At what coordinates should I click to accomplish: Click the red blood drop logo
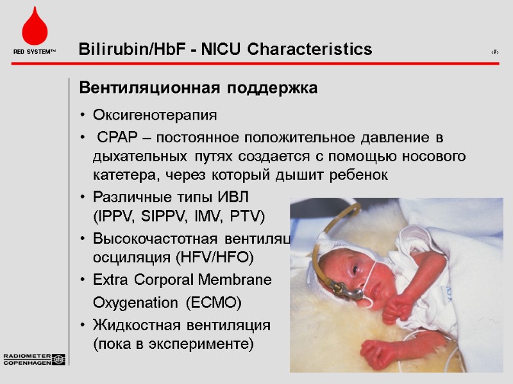click(34, 29)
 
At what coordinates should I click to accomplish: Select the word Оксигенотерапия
click(155, 115)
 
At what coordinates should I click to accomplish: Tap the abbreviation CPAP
click(116, 138)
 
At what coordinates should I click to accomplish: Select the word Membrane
click(244, 280)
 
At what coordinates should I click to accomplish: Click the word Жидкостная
click(133, 324)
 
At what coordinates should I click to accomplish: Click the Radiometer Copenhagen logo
click(34, 359)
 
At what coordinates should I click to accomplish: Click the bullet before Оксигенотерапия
click(83, 116)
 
